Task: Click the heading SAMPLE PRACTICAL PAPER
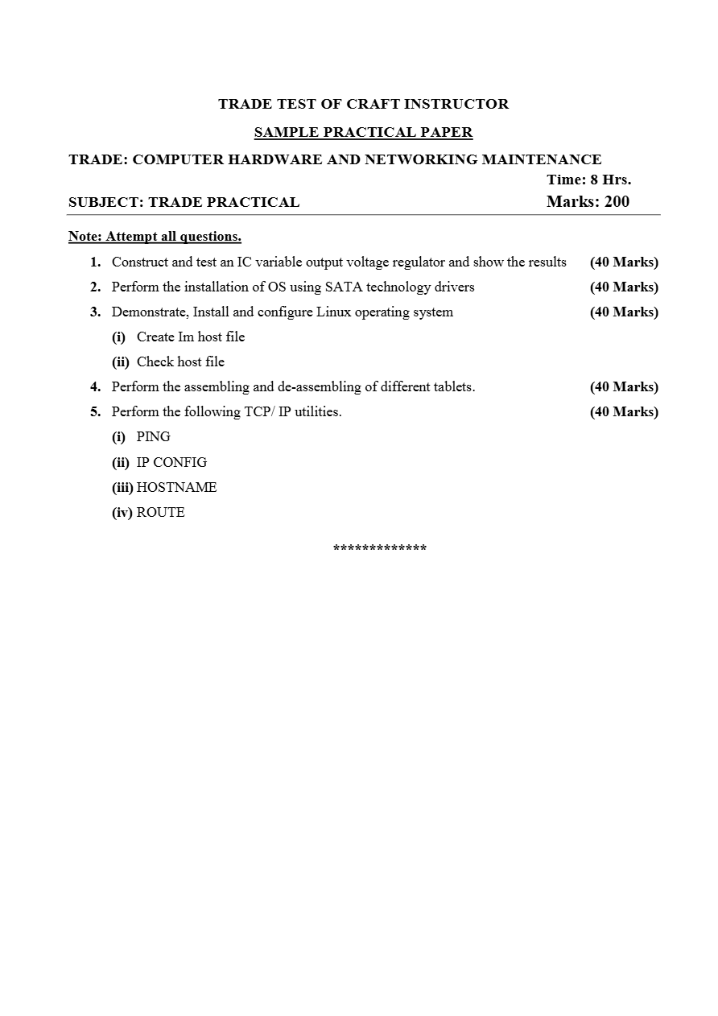[x=363, y=132]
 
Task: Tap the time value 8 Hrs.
[x=611, y=180]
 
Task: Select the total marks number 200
[x=617, y=201]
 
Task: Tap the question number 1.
[x=95, y=262]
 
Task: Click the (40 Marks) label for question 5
[x=624, y=411]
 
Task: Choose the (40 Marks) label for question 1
[x=624, y=262]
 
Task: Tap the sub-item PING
[x=153, y=436]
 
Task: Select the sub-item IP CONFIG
[x=171, y=462]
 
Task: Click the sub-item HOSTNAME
[x=176, y=487]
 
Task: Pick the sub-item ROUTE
[x=160, y=512]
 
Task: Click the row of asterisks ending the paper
[x=380, y=548]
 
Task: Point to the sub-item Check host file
[x=180, y=361]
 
